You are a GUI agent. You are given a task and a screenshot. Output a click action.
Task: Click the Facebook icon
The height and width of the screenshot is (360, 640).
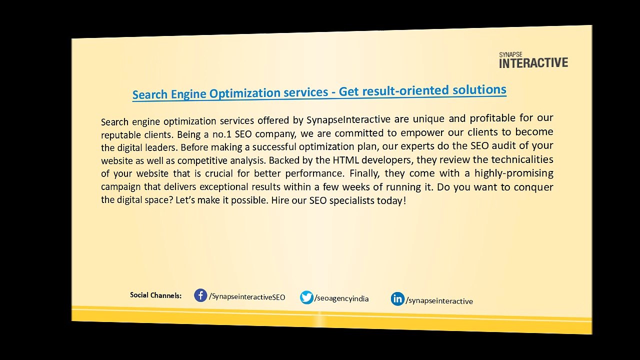200,295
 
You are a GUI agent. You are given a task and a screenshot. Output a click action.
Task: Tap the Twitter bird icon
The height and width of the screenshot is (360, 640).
306,297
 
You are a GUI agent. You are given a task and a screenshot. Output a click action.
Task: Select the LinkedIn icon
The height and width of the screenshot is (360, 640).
397,299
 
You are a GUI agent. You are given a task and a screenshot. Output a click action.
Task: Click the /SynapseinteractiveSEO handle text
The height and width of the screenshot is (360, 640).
247,297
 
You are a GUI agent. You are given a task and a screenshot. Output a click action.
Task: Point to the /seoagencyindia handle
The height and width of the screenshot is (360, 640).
341,298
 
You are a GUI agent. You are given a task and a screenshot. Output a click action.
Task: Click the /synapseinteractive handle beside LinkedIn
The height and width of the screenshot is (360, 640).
439,301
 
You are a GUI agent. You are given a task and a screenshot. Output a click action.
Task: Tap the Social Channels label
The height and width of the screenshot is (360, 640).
155,295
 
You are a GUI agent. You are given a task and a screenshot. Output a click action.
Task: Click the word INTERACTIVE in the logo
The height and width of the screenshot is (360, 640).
533,63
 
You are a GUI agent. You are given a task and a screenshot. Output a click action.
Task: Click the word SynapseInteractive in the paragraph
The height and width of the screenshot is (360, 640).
348,119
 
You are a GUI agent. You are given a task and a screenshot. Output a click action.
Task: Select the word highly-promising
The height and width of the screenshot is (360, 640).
513,173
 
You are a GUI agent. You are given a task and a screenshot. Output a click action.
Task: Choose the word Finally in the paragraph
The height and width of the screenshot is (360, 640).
364,173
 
